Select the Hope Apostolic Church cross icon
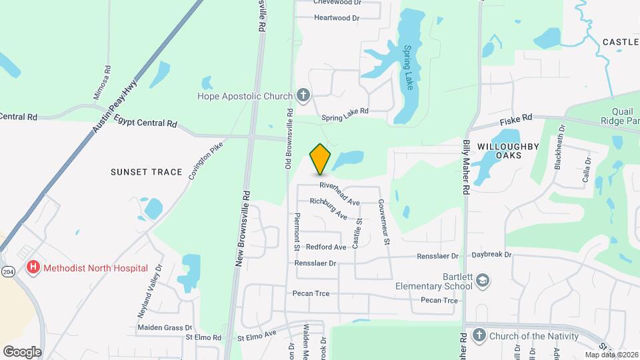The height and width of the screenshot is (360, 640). pyautogui.click(x=303, y=95)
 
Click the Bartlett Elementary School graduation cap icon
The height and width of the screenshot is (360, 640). pyautogui.click(x=483, y=281)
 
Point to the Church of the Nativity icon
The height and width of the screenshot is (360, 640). pyautogui.click(x=479, y=336)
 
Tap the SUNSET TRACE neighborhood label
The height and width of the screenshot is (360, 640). pyautogui.click(x=146, y=172)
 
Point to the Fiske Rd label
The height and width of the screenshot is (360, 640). pyautogui.click(x=517, y=119)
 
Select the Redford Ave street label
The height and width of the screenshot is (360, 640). pyautogui.click(x=326, y=247)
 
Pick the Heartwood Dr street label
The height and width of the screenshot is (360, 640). pyautogui.click(x=337, y=18)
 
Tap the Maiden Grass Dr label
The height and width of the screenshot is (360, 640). pyautogui.click(x=164, y=327)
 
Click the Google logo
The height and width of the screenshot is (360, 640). pyautogui.click(x=22, y=352)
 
